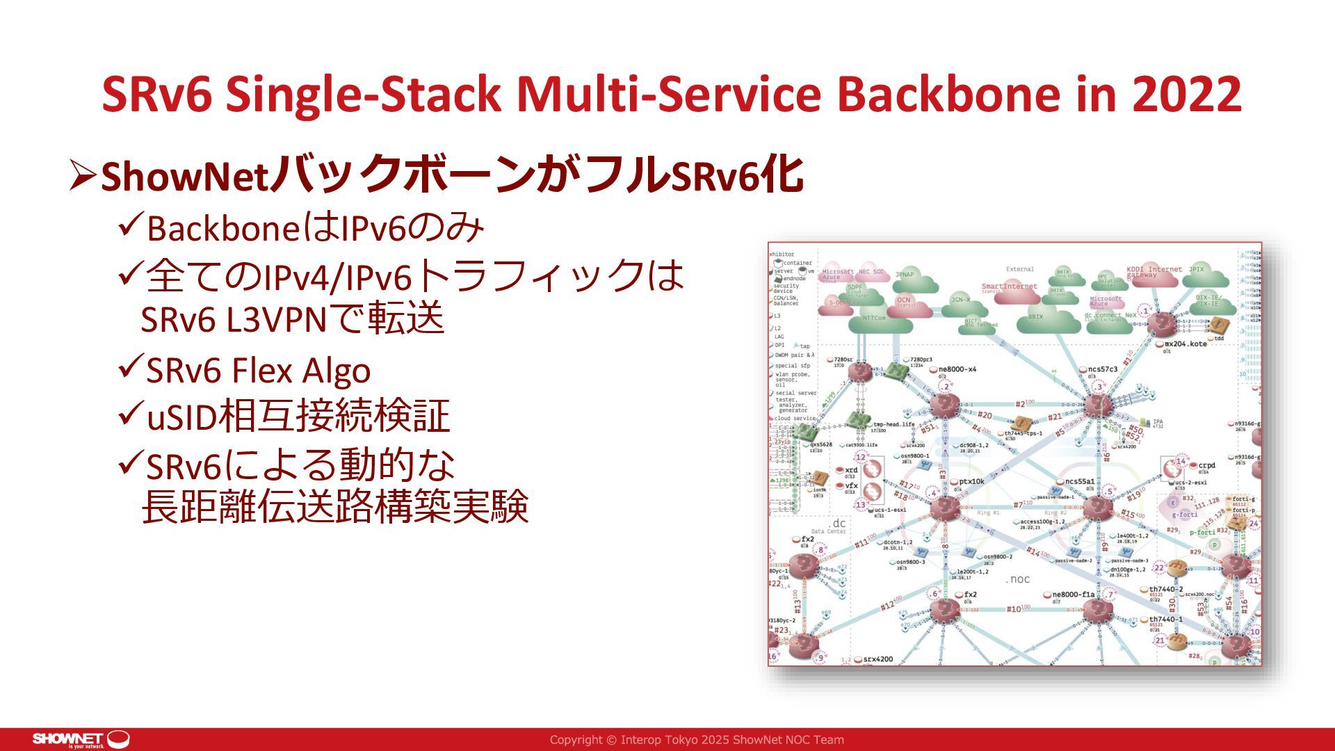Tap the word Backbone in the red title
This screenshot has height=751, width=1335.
point(952,94)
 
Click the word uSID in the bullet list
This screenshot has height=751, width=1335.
point(181,417)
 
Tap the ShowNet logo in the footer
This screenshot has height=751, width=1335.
point(81,739)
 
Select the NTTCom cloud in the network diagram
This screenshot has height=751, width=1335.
point(874,318)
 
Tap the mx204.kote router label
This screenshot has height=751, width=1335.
point(1186,344)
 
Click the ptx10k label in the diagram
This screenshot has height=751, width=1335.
point(971,481)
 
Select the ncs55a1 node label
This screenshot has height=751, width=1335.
point(1079,481)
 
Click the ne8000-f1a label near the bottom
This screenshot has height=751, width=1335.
point(1073,595)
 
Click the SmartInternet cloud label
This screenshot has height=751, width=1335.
point(1009,286)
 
